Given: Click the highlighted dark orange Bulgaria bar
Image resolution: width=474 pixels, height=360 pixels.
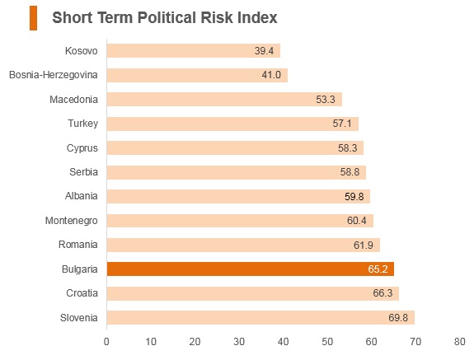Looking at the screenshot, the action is (251, 269).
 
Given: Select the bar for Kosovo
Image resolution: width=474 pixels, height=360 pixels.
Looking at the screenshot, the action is (194, 50).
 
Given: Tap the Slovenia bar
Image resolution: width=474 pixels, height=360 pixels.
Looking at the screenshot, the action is (260, 317).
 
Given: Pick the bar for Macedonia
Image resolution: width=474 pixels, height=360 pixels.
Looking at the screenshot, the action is (224, 100).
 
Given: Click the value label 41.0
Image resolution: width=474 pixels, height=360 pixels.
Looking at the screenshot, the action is (271, 75).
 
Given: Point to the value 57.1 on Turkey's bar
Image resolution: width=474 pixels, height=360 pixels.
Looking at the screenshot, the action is (342, 124).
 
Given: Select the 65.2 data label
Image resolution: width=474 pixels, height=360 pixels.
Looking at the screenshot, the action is (378, 269).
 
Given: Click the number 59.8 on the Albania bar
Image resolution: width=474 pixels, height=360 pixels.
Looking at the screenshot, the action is (354, 197).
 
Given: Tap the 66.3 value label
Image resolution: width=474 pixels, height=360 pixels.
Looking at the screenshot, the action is (382, 293).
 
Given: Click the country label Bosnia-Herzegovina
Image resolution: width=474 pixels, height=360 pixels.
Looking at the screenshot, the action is (54, 75).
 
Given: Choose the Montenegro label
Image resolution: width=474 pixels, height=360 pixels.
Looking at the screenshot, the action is (72, 221).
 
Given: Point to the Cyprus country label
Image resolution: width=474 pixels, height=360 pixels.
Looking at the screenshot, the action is (82, 148).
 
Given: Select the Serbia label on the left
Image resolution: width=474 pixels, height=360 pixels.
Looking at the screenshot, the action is (84, 172).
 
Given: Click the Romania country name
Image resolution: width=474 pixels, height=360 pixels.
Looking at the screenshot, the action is (78, 245).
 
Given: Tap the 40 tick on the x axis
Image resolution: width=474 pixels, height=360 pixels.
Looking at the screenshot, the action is (283, 342).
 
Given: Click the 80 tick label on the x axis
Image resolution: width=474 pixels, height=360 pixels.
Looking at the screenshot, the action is (459, 342).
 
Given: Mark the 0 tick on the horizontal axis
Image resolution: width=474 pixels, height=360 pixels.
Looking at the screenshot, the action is (106, 342).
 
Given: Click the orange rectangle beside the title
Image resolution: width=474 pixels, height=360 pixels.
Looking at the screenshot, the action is (33, 18).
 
